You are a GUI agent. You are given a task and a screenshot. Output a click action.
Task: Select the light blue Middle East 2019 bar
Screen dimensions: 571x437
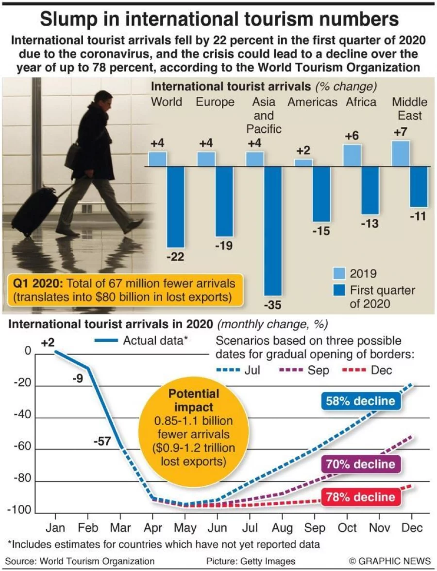(x=401, y=153)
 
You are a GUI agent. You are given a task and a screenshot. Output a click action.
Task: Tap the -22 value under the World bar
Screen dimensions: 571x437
(x=175, y=257)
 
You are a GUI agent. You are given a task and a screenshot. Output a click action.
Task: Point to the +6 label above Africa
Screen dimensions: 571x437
(x=352, y=136)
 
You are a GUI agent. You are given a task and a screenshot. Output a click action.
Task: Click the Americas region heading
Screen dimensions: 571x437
(x=312, y=102)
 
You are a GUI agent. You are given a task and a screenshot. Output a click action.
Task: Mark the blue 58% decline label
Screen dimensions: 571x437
(x=360, y=401)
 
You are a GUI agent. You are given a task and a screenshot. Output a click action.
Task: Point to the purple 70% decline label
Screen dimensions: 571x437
(x=360, y=464)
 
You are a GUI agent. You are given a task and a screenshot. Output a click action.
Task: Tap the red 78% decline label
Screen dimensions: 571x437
(x=360, y=497)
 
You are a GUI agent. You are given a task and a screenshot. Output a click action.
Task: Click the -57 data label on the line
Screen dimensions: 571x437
(x=102, y=442)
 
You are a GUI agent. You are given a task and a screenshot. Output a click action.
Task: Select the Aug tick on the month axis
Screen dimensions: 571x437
(x=282, y=528)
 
